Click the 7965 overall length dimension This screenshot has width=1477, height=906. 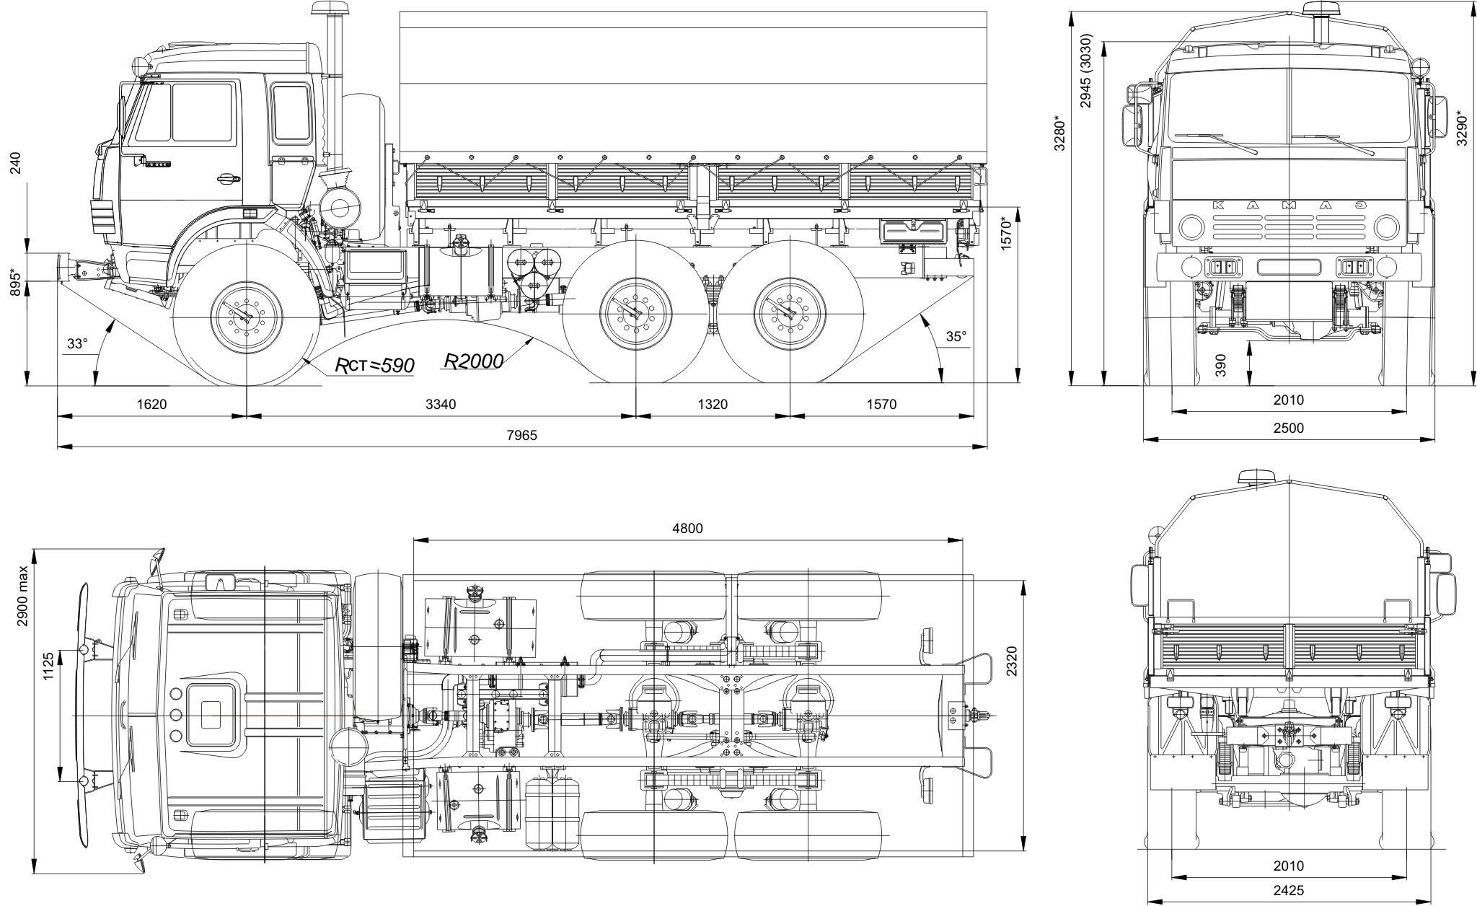pyautogui.click(x=521, y=435)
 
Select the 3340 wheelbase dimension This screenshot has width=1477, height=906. pyautogui.click(x=441, y=404)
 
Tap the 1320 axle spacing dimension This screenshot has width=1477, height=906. pyautogui.click(x=713, y=404)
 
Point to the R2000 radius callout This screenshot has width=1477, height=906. pyautogui.click(x=472, y=361)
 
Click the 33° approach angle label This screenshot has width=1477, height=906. pyautogui.click(x=76, y=343)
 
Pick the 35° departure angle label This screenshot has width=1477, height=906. pyautogui.click(x=955, y=335)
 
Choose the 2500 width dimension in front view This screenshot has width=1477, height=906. pyautogui.click(x=1288, y=428)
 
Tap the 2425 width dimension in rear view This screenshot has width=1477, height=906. pyautogui.click(x=1288, y=891)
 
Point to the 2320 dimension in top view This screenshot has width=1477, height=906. pyautogui.click(x=1013, y=660)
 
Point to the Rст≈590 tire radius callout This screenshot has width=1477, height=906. pyautogui.click(x=375, y=366)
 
